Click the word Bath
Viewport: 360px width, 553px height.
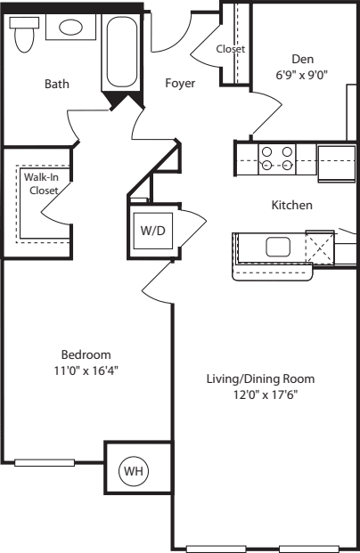pyautogui.click(x=57, y=85)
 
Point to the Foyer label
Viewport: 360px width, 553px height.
pyautogui.click(x=180, y=84)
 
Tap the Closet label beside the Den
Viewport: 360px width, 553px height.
pyautogui.click(x=231, y=50)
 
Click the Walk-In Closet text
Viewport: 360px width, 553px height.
pyautogui.click(x=41, y=184)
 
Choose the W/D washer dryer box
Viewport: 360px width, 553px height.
pyautogui.click(x=151, y=229)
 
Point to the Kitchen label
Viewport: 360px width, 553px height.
pyautogui.click(x=291, y=205)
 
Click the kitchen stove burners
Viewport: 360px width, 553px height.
pyautogui.click(x=276, y=158)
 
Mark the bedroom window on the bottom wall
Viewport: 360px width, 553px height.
pyautogui.click(x=45, y=461)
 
